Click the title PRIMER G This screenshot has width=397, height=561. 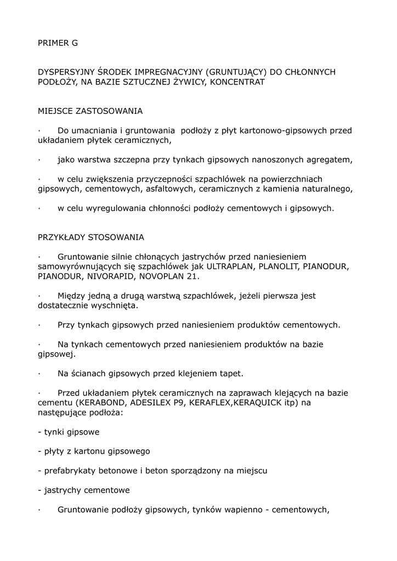pos(58,43)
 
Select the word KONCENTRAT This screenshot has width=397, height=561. pos(238,82)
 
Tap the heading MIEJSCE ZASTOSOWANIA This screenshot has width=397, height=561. pos(90,111)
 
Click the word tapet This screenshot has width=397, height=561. pos(231,374)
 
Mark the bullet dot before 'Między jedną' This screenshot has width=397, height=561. pos(40,296)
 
